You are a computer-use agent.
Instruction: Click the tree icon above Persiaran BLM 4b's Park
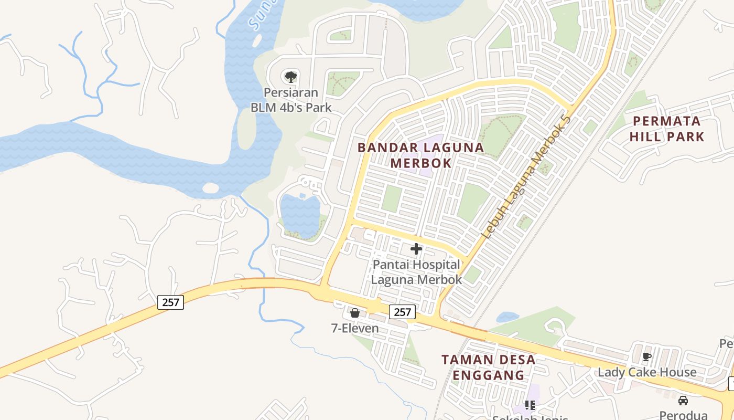point(291,77)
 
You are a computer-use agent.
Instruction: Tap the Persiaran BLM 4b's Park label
point(291,100)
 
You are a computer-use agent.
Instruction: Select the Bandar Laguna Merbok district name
point(420,155)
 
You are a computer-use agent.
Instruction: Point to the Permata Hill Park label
point(667,129)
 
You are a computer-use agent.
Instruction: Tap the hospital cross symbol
point(416,249)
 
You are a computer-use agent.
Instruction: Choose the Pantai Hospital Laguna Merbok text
point(416,272)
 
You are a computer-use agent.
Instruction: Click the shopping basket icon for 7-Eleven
point(355,313)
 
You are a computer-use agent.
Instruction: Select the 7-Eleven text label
point(355,329)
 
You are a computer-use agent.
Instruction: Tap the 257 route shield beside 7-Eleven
point(402,312)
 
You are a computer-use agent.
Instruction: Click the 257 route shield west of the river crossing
point(170,302)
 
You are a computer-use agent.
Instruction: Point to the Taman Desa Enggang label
point(488,367)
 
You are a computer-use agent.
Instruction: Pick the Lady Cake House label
point(647,372)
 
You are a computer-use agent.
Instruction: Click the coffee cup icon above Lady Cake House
point(647,356)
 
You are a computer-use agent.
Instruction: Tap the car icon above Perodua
point(683,401)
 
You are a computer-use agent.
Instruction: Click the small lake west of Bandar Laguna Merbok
point(299,215)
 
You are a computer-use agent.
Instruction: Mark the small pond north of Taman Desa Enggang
point(506,317)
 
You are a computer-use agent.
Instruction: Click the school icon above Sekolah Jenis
point(530,405)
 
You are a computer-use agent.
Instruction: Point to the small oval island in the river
point(210,188)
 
